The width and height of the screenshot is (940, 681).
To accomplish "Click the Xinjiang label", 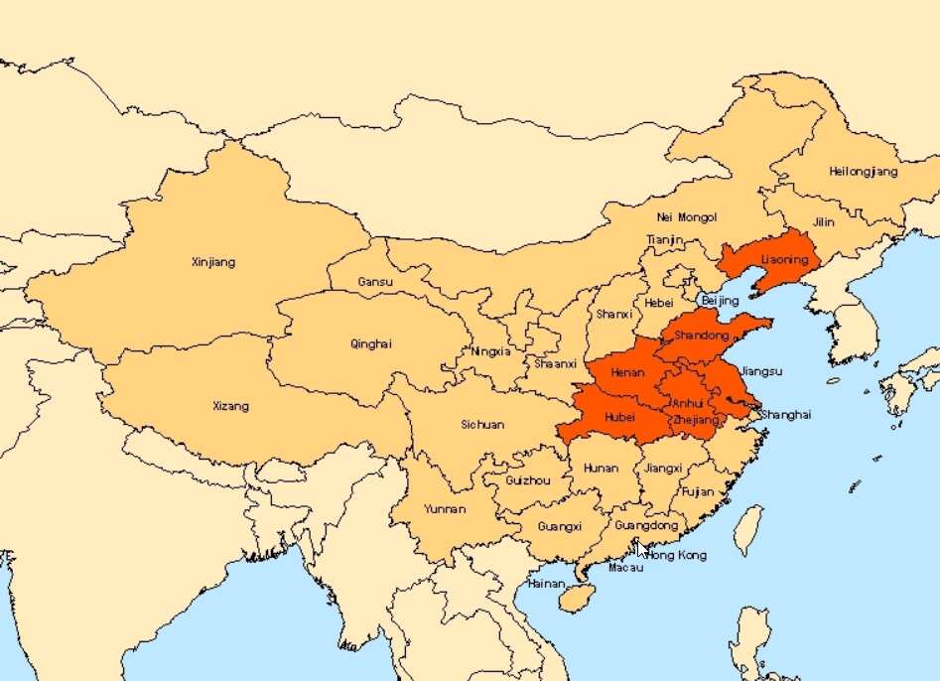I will [213, 263].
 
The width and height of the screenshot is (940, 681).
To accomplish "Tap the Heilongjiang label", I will [863, 172].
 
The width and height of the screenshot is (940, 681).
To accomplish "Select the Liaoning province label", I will [785, 261].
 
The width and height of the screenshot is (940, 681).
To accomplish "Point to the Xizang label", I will [231, 406].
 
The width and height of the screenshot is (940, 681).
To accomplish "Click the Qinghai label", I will [371, 344].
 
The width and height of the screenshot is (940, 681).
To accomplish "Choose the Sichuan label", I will [482, 425].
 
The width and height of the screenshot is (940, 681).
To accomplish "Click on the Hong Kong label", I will [677, 555].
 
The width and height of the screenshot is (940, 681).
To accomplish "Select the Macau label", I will [626, 568].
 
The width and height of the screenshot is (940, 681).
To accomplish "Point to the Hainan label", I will [545, 584].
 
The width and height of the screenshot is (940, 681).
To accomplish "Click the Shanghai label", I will [785, 415].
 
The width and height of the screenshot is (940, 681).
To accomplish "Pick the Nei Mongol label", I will [686, 217].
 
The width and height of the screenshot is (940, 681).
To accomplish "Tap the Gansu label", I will [375, 283].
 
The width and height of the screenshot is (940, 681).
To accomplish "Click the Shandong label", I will [701, 337].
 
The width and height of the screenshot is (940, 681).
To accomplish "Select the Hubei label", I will [619, 418].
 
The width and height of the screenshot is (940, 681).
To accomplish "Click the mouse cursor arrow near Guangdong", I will [643, 548].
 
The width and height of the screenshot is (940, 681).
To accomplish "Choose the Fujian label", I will [699, 491].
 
